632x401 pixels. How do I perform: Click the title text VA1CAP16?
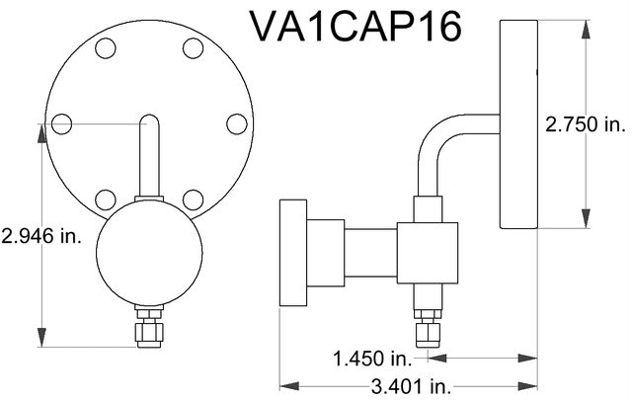pyautogui.click(x=355, y=28)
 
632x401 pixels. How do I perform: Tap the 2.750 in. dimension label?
pyautogui.click(x=587, y=123)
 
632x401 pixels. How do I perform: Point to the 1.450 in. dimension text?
pyautogui.click(x=369, y=357)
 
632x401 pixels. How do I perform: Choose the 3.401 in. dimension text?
pyautogui.click(x=399, y=384)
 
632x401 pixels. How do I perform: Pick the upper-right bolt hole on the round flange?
pyautogui.click(x=194, y=47)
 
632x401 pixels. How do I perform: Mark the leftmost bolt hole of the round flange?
pyautogui.click(x=61, y=123)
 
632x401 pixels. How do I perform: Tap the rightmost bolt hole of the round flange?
pyautogui.click(x=236, y=123)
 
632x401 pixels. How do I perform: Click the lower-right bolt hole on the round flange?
pyautogui.click(x=194, y=200)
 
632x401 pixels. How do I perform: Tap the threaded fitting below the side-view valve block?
pyautogui.click(x=428, y=326)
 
